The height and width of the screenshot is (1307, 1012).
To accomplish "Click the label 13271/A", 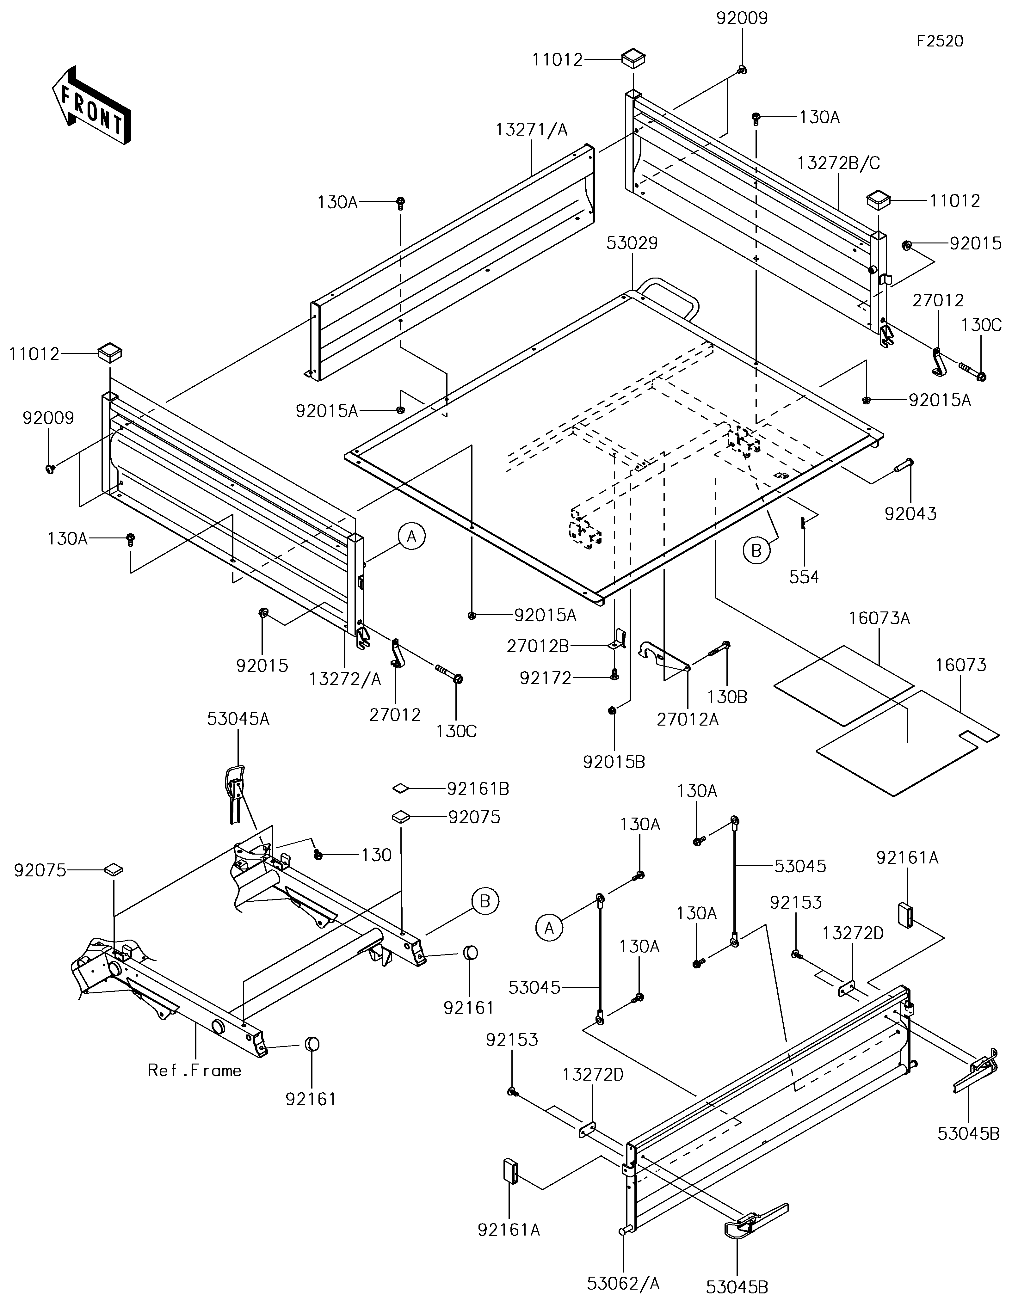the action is coord(531,129).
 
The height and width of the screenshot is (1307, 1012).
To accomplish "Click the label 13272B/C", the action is coord(838,163).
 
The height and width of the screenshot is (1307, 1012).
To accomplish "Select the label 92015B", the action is coord(614,762).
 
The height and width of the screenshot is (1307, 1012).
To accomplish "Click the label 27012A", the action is coord(688,719).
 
